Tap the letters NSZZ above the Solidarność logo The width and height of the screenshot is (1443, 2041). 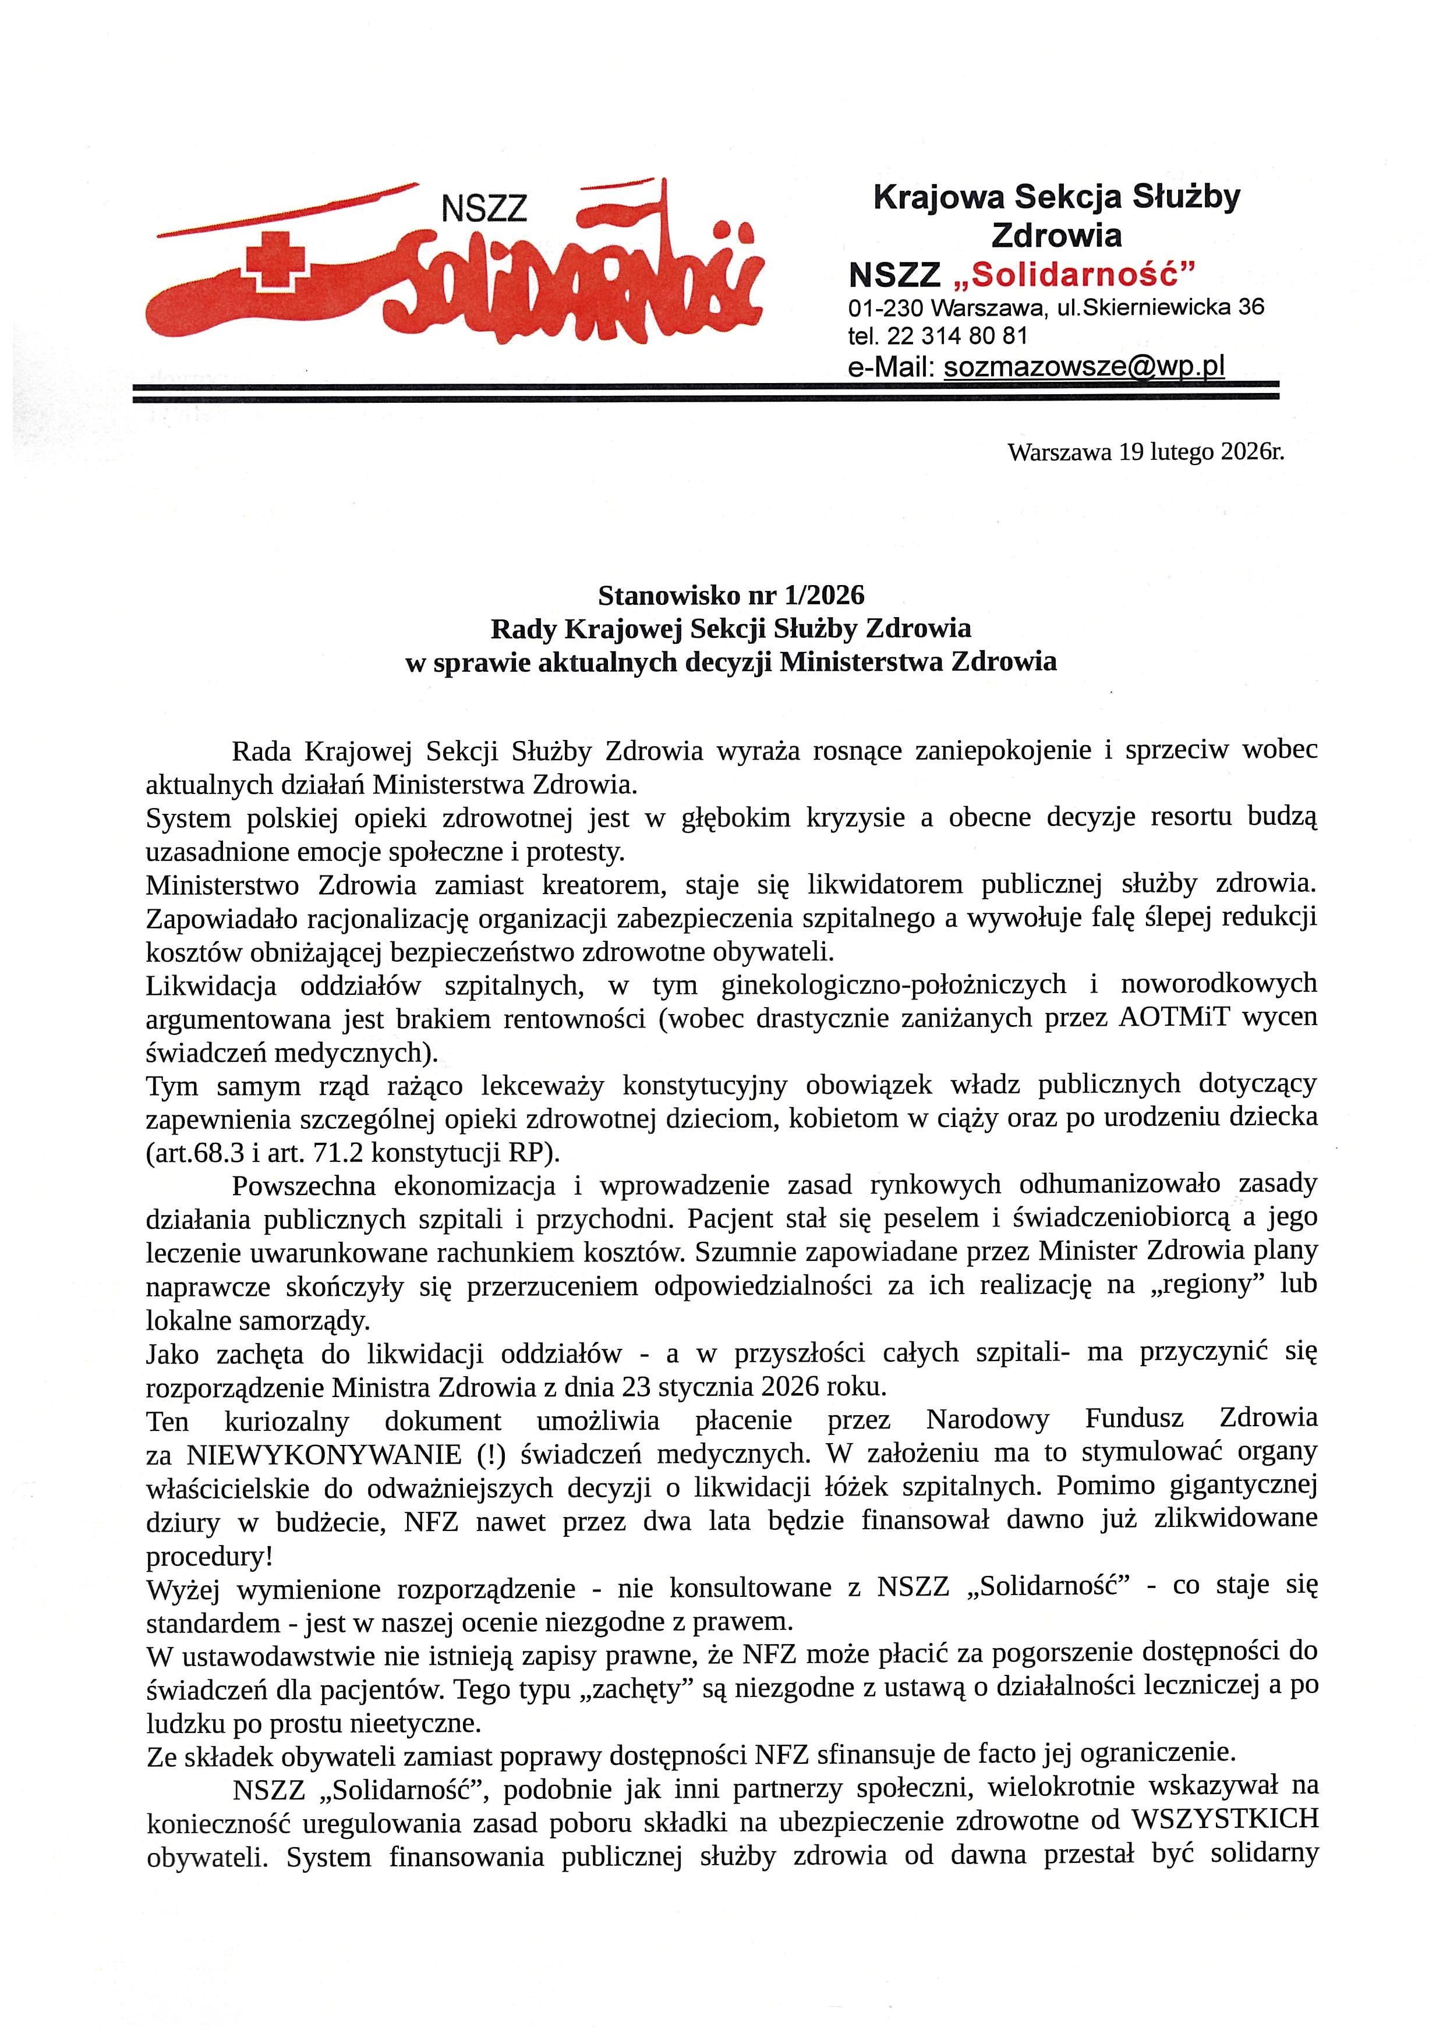484,210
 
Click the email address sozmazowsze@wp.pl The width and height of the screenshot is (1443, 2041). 1084,366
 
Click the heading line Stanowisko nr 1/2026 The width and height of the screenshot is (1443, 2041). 731,594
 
